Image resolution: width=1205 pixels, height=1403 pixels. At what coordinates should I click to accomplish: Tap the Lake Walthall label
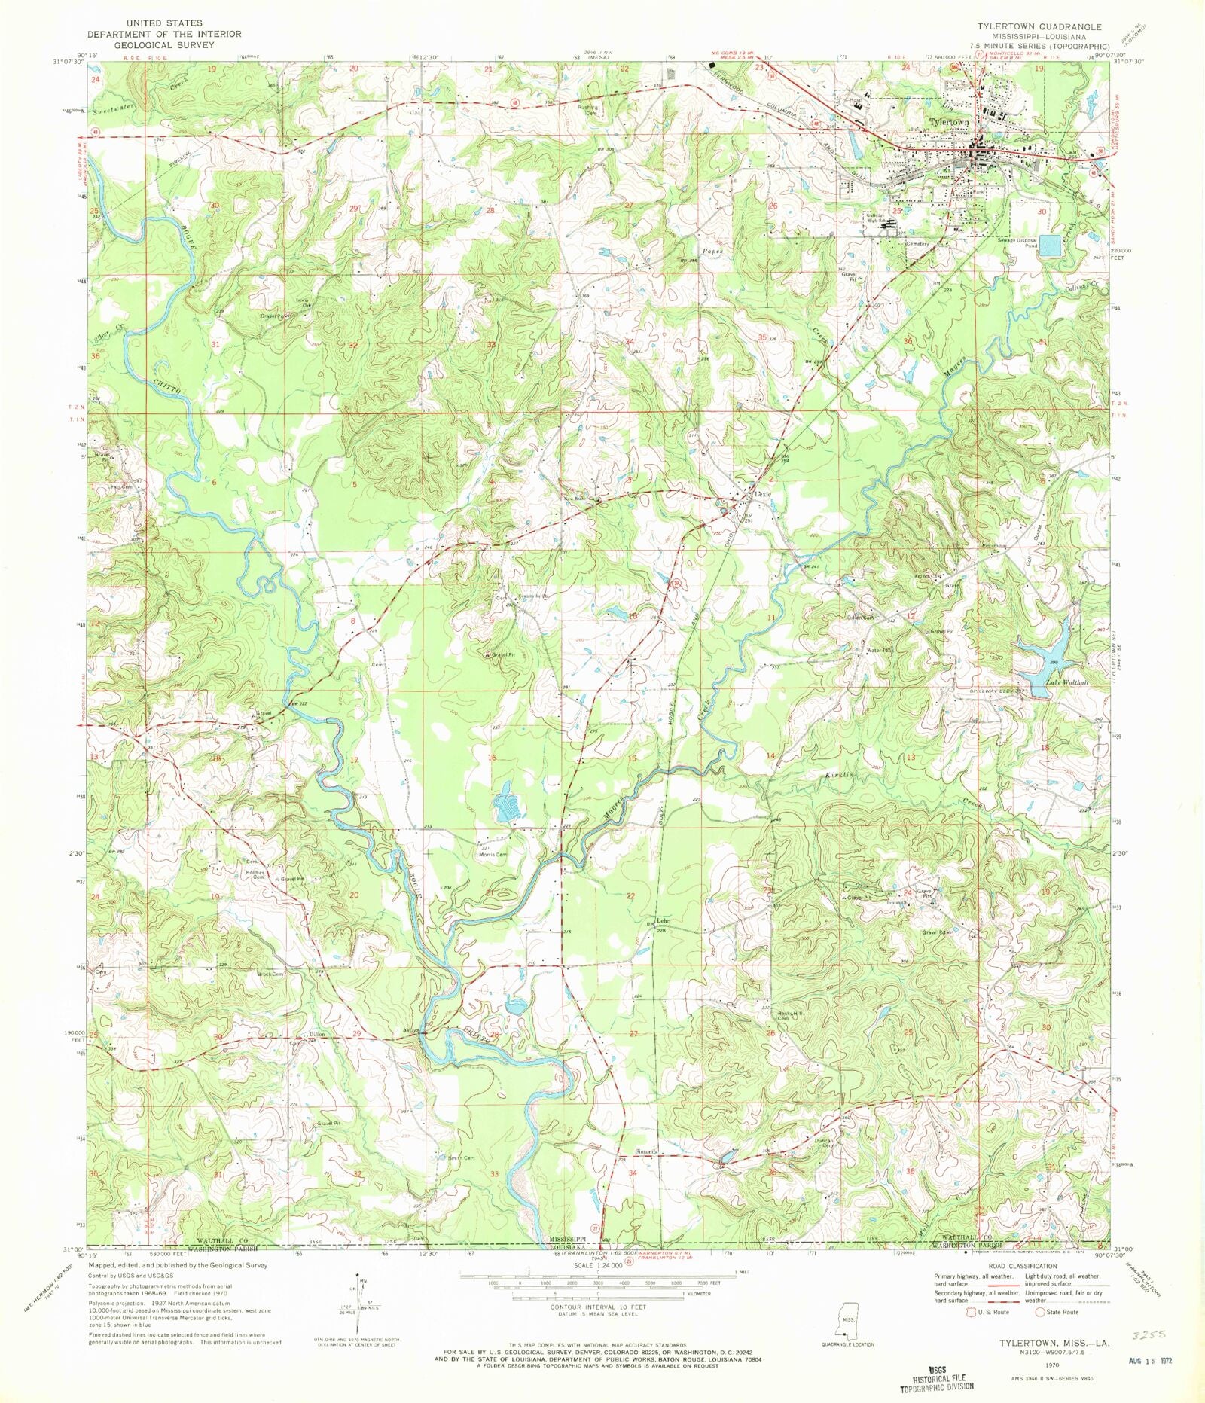click(1068, 682)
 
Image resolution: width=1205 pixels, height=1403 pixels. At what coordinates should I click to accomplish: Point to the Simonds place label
click(646, 1151)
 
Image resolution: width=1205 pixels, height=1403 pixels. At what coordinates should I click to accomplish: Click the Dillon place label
click(317, 1035)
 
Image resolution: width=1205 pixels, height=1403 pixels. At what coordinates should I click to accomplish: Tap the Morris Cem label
click(493, 855)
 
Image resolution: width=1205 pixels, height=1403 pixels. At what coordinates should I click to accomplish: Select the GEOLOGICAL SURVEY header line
click(153, 44)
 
